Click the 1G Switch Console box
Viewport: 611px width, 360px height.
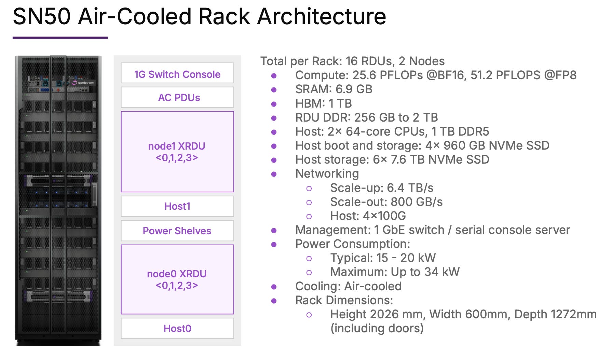[x=177, y=73]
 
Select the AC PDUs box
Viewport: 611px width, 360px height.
[x=177, y=97]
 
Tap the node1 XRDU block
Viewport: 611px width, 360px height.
[x=177, y=152]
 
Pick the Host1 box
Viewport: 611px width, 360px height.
[x=177, y=206]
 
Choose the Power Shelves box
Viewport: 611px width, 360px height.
[x=177, y=231]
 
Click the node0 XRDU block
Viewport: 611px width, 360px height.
[x=177, y=279]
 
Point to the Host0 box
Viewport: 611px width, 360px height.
[x=177, y=328]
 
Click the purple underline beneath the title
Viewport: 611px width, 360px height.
[x=60, y=38]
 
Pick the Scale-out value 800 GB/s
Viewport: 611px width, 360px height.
[x=417, y=202]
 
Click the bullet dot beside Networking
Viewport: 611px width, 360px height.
[x=274, y=174]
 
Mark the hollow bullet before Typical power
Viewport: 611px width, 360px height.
[x=309, y=258]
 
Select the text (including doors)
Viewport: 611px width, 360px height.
[x=377, y=328]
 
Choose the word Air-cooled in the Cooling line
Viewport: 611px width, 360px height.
[x=373, y=286]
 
